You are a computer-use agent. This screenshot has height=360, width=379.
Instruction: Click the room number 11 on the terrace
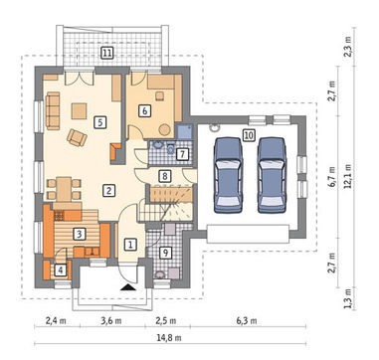106,53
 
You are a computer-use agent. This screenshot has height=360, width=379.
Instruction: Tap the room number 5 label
100,122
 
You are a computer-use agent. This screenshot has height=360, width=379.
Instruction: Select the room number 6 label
144,110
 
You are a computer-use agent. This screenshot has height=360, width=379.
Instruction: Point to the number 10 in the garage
249,135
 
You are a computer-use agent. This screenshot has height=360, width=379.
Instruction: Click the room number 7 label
183,154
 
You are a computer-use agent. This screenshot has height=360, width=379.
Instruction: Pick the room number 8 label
164,176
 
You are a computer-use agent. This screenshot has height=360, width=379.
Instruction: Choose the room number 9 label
165,253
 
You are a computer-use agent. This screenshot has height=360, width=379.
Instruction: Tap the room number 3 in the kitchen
79,235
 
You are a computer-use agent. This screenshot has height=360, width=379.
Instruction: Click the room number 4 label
60,270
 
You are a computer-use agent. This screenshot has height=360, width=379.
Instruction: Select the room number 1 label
130,245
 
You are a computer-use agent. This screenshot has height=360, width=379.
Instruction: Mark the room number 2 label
108,190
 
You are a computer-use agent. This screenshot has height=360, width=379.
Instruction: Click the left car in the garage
229,175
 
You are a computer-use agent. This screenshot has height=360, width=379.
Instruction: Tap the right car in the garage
272,175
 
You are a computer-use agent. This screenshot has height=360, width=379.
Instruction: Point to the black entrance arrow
128,287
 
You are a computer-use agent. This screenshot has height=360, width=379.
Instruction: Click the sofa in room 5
53,110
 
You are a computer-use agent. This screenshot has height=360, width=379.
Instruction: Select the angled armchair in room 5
77,137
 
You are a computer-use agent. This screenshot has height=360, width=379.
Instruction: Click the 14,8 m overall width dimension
169,338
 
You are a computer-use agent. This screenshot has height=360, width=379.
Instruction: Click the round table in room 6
164,129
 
